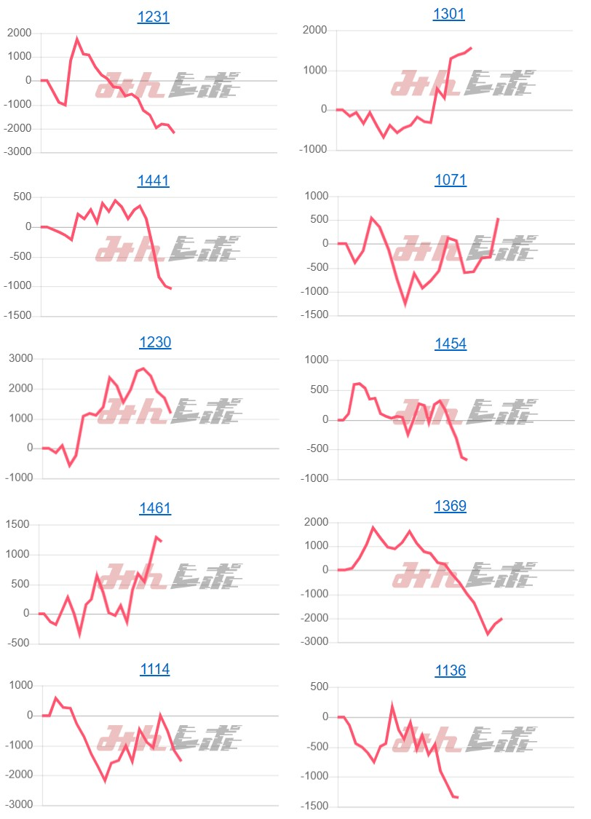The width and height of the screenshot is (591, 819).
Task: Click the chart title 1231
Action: coord(153,17)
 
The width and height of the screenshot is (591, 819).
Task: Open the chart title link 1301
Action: coord(448,15)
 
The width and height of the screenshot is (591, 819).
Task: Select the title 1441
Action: coord(153,181)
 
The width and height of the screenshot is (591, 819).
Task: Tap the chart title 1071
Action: coord(451,180)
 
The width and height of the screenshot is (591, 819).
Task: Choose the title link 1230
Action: coord(154,342)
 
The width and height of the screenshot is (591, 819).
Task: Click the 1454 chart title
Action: coord(451,344)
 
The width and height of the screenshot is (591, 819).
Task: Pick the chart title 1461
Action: coord(154,507)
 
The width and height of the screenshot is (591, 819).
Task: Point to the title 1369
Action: coord(451,506)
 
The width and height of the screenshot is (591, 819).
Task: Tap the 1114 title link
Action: coord(154,669)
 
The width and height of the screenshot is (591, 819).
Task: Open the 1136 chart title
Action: coord(450,670)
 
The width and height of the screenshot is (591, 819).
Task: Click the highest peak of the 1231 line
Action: coord(77,39)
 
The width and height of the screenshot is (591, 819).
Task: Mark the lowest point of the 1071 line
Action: coord(405,304)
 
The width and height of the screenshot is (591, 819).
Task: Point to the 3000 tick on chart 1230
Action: coord(20,358)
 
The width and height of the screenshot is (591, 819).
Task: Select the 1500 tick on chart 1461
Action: coord(20,524)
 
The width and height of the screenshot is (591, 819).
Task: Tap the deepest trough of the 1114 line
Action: coord(105,781)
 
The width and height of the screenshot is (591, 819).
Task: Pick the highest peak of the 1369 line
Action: coord(373,528)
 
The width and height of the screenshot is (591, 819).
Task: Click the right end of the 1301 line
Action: coord(471,48)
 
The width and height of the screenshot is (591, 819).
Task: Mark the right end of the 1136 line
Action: coord(457,797)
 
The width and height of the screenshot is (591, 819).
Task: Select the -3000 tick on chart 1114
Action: coord(17,805)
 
